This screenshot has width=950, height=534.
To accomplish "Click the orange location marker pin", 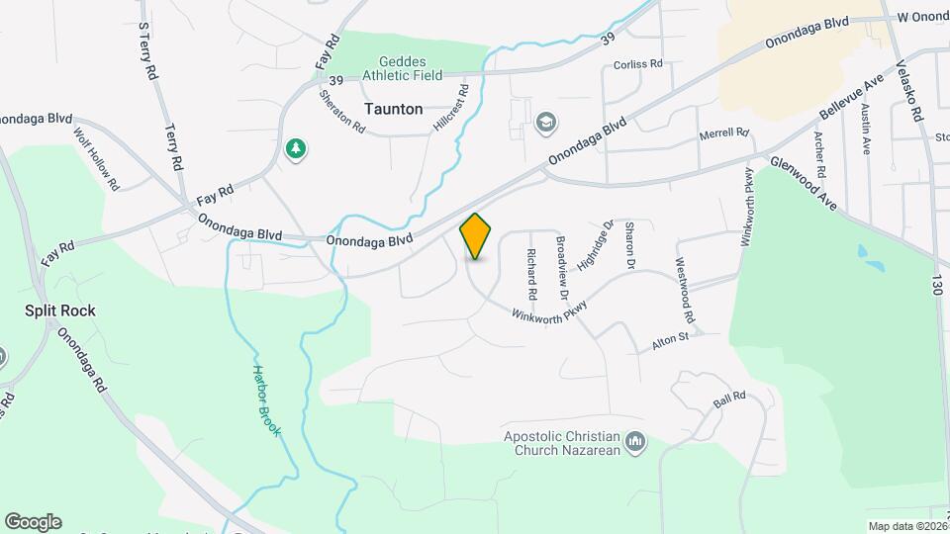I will click(x=476, y=236).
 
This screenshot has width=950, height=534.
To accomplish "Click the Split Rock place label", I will click(x=60, y=311).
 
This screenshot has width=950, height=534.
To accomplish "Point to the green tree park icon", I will click(x=295, y=149).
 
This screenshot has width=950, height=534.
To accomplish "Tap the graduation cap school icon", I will click(x=544, y=123).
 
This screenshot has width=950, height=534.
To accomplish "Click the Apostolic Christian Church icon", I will click(x=635, y=441).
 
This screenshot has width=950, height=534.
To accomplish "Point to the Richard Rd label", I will click(x=531, y=274).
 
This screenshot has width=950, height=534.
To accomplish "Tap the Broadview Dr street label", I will click(x=561, y=267).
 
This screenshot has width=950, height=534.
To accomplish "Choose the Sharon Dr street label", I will click(x=628, y=246).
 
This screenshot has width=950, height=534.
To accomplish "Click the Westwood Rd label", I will click(x=685, y=292).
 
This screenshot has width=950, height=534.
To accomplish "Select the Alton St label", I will click(x=669, y=343).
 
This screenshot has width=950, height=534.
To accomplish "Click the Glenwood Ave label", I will click(x=805, y=184).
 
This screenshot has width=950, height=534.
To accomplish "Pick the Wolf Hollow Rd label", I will click(x=96, y=157).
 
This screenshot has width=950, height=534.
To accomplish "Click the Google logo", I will click(x=33, y=521).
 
